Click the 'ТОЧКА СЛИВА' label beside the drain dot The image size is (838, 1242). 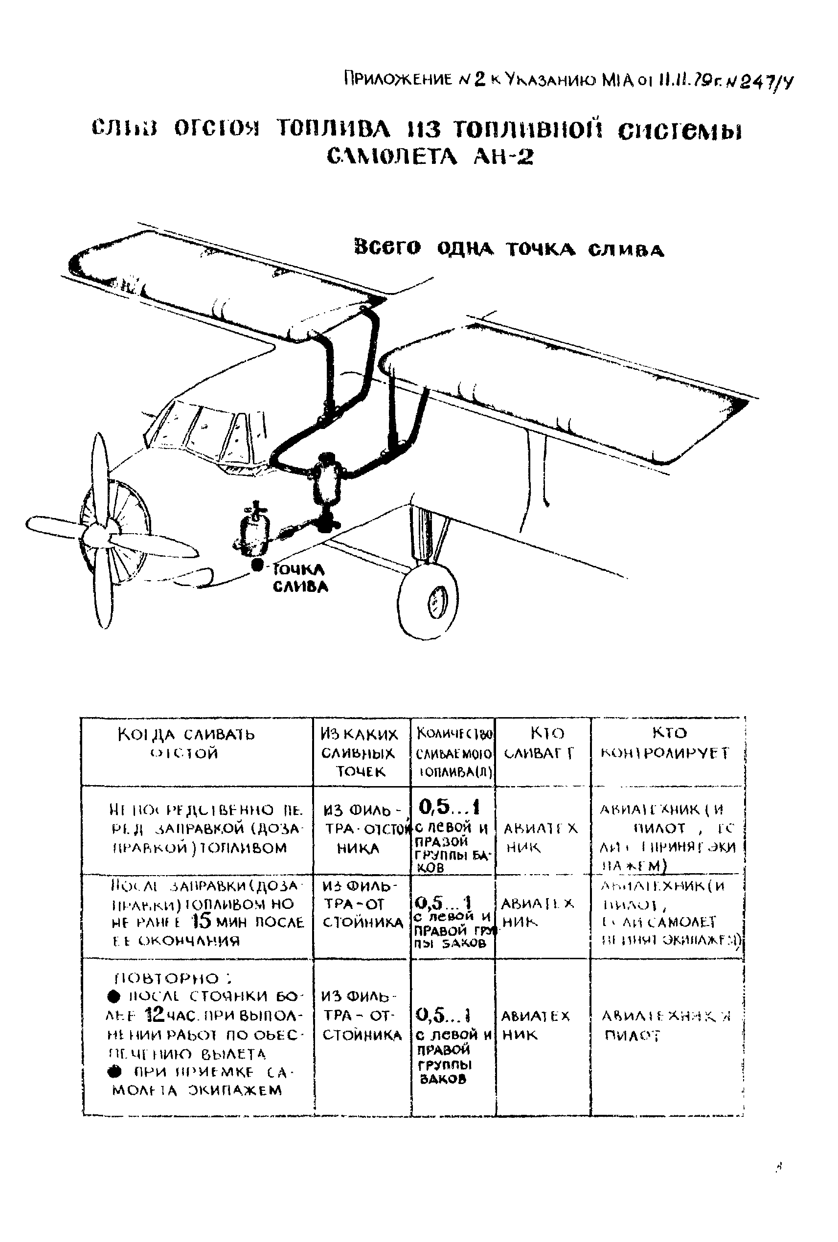299,578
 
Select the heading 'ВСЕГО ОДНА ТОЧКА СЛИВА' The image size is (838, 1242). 509,249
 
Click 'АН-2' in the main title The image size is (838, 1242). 503,157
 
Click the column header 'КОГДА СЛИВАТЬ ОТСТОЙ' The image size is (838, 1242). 185,744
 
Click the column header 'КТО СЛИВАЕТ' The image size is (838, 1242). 541,743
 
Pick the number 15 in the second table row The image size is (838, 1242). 203,922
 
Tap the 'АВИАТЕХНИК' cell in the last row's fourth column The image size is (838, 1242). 536,1024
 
